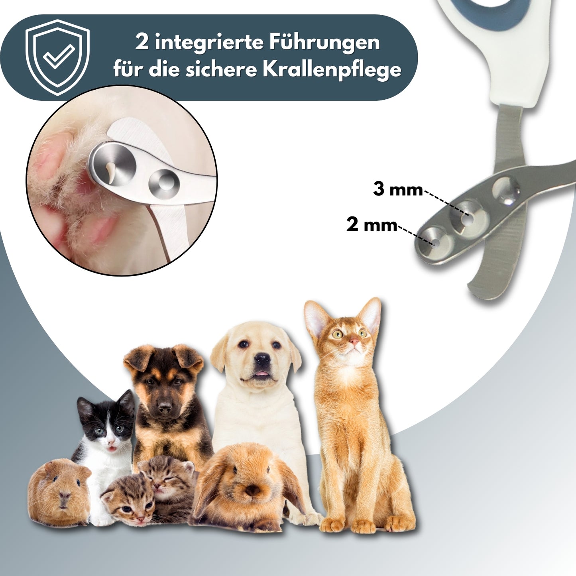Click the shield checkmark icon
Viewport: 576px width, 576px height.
[x=57, y=57]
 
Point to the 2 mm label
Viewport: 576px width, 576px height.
[x=372, y=225]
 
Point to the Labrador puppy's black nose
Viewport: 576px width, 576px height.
[x=262, y=360]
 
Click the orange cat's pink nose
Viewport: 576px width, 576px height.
[x=354, y=341]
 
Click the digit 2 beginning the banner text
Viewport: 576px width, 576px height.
[x=142, y=43]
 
